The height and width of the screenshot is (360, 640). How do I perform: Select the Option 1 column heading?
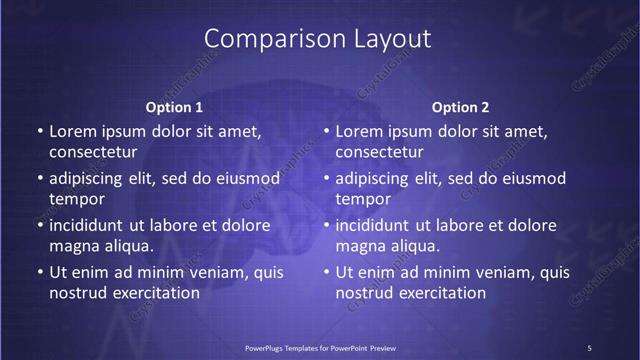tap(174, 107)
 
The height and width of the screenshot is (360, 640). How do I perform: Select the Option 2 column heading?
tap(460, 107)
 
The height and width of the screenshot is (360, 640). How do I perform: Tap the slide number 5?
tap(590, 347)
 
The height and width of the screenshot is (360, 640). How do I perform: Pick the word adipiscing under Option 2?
tap(376, 178)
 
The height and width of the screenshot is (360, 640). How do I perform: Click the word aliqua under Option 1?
tap(128, 246)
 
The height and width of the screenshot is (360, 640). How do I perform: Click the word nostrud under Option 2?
tap(366, 293)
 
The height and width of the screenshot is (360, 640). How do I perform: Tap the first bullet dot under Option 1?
tap(39, 132)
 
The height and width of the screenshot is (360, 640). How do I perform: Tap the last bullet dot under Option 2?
tap(325, 272)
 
